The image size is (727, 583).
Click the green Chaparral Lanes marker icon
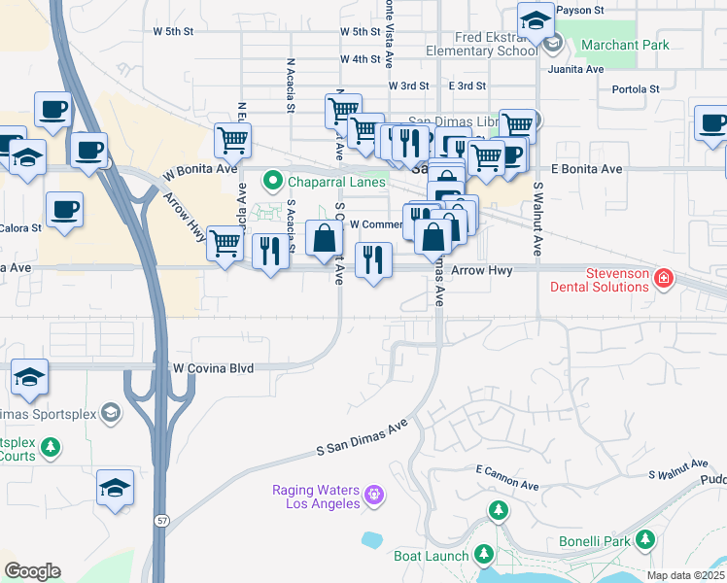point(274,182)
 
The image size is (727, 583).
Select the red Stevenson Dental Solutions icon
point(664,280)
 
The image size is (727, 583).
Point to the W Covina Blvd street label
point(213,369)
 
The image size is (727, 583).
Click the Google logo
point(32,571)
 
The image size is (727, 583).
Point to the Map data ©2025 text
point(685,575)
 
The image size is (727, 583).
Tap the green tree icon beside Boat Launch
point(483,556)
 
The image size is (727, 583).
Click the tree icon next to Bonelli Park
point(645,540)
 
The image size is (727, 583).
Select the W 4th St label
point(360,59)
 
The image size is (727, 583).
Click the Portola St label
point(636,89)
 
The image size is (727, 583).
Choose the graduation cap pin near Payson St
point(535,19)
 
